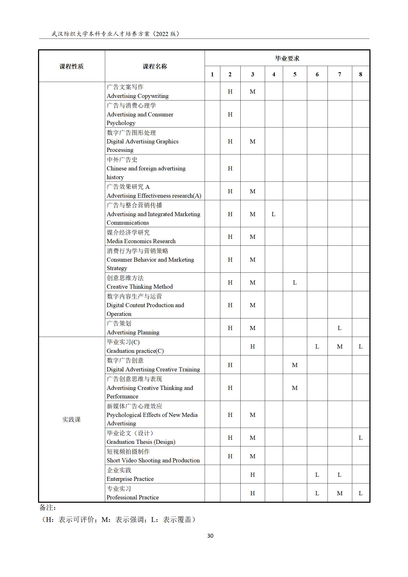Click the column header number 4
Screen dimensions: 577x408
point(274,74)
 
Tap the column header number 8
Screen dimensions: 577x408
point(360,74)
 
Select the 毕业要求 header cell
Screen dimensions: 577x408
point(287,58)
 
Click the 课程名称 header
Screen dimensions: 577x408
point(155,66)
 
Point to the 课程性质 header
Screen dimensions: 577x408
point(71,66)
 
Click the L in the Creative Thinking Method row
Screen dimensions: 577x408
point(295,282)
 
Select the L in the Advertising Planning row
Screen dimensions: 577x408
point(339,328)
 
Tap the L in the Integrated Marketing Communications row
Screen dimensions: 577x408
point(273,214)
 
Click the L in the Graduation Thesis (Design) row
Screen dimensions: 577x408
point(360,438)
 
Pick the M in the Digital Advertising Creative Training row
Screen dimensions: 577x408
point(295,365)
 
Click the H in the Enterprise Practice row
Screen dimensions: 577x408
point(252,475)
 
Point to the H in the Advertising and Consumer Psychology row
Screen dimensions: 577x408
point(230,114)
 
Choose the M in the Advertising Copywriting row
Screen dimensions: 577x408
point(252,91)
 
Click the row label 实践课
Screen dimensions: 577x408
point(71,419)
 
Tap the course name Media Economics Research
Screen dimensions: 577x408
point(141,241)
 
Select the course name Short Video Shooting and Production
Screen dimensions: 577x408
point(153,460)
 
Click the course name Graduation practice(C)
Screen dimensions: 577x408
point(135,351)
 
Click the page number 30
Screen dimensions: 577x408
point(210,536)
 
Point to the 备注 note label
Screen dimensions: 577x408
point(48,507)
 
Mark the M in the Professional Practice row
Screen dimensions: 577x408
point(339,493)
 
